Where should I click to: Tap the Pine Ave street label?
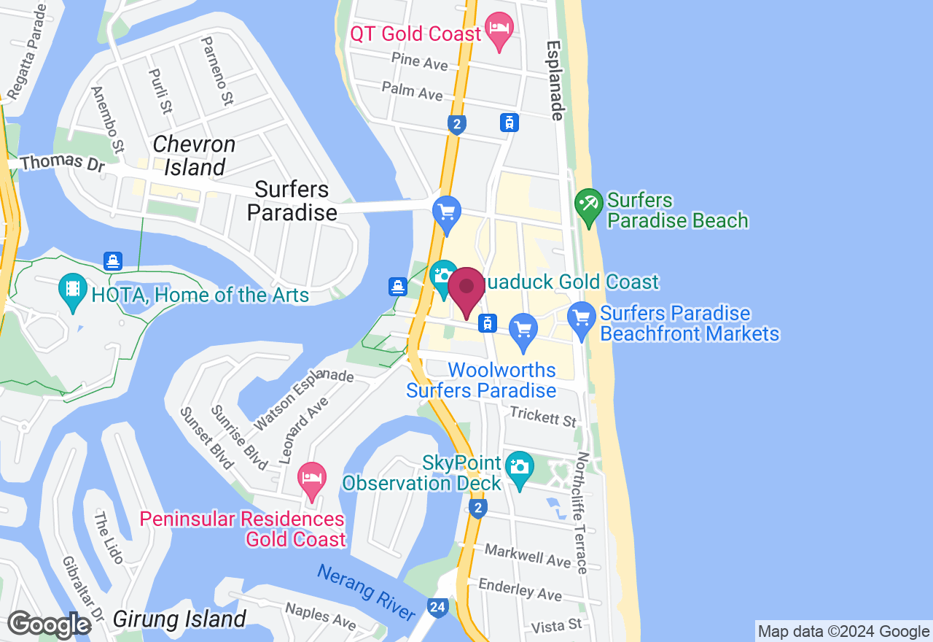point(419,61)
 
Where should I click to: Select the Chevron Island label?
point(194,156)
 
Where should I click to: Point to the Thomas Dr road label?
point(63,162)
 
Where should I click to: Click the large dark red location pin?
point(466,290)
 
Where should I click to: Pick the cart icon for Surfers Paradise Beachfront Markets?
point(581,319)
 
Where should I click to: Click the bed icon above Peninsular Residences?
point(312,479)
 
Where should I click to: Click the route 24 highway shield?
point(437,608)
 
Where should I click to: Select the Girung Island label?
point(179,619)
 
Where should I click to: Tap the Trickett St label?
point(543,417)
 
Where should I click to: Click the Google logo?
point(48,624)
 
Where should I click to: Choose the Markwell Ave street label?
point(528,555)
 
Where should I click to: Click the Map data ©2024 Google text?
point(843,632)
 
